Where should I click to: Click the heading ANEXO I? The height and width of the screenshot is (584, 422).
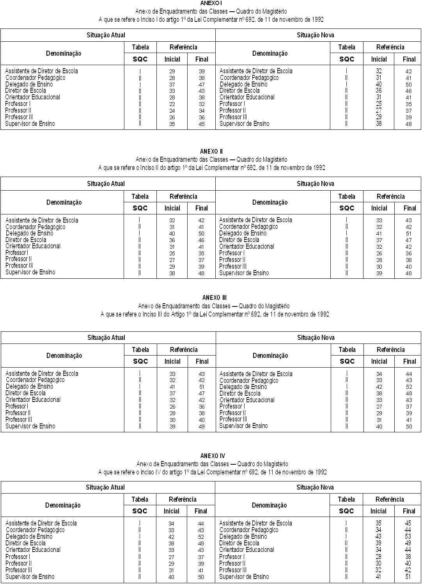coord(211,3)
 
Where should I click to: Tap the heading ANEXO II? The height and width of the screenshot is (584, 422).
coord(211,151)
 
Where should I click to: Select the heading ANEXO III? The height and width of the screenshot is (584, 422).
coord(215,298)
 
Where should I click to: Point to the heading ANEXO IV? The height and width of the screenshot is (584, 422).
coord(213,456)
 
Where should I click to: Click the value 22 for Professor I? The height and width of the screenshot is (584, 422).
coord(172,104)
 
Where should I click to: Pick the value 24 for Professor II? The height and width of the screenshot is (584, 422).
coord(172,111)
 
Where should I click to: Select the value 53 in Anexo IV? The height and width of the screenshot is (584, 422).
coord(408,536)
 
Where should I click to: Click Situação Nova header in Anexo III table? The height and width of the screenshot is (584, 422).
coord(316,338)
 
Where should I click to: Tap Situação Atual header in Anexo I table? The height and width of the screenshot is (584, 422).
coord(106,35)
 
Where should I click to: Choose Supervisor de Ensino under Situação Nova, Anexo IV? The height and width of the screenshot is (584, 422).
coord(244,576)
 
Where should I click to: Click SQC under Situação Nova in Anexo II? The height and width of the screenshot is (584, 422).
coord(347,208)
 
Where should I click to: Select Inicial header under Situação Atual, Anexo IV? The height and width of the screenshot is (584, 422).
coord(172,511)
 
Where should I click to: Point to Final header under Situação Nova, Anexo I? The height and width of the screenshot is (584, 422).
coord(409,59)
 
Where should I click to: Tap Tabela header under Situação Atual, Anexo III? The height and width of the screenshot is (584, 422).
coord(140,350)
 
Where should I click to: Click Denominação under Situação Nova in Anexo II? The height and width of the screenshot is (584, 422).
coord(270,202)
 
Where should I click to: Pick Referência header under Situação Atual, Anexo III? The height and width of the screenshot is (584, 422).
coord(184,350)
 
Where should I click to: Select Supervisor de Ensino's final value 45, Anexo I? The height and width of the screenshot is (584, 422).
coord(201,124)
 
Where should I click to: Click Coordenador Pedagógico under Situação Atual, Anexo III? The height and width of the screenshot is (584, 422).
coord(35,380)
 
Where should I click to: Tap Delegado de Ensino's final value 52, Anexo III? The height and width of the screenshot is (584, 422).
coord(409,387)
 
